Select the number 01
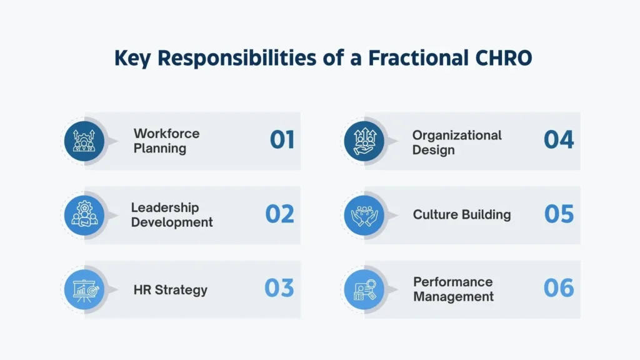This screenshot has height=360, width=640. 282,140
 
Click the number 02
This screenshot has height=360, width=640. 279,214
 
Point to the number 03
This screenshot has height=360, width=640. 279,288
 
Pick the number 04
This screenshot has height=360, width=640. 558,140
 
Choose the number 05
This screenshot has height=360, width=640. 558,214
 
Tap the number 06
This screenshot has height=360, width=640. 558,288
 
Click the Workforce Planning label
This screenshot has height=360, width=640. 166,141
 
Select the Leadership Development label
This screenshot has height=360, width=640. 172,215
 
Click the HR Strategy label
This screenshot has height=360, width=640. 170,290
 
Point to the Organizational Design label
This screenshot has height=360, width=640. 457,142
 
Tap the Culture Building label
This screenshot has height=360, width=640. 462,215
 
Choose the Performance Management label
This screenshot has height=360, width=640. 453,289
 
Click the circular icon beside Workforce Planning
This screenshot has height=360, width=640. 84,141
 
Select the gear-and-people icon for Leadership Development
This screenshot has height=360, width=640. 84,215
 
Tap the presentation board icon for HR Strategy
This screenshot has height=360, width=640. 84,289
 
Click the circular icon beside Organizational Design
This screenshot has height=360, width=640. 364,141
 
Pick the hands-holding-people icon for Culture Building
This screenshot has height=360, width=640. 364,215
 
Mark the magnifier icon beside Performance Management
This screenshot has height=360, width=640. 364,289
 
